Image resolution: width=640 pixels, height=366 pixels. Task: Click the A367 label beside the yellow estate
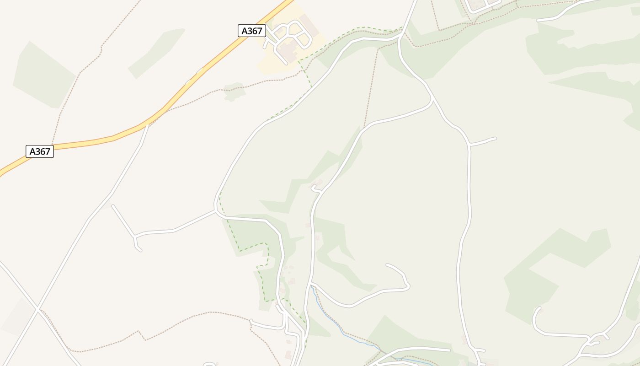pos(252,31)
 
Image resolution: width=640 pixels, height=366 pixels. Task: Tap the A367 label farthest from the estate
pos(40,151)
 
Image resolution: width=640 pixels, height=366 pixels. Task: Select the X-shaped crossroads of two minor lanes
pos(37,310)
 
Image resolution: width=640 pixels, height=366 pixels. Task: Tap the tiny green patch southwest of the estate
pos(235,90)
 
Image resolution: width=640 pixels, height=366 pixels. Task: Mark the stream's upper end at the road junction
pos(312,286)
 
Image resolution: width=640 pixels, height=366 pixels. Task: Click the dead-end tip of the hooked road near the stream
pos(387,265)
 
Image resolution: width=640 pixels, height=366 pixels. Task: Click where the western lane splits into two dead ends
pos(134,237)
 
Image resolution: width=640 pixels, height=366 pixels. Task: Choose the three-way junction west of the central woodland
pos(215,211)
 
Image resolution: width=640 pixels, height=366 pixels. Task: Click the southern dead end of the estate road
pos(286,64)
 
